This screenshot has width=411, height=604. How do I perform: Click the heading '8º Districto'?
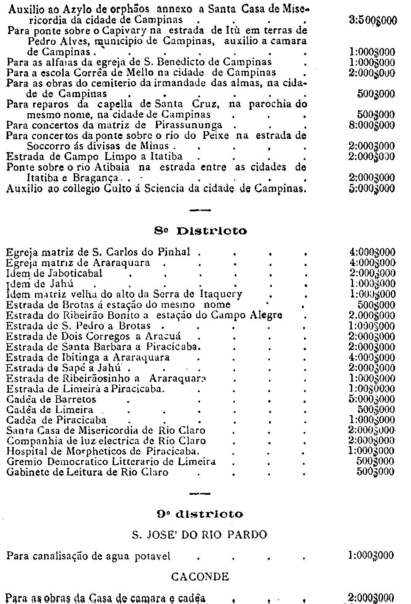201,231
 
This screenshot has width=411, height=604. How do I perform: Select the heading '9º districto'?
200,514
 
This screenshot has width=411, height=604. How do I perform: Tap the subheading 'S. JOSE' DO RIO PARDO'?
200,535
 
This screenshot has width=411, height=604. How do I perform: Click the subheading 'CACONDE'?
200,577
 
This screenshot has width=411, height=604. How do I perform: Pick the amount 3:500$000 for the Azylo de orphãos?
373,20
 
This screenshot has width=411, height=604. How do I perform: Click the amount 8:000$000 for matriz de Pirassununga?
372,125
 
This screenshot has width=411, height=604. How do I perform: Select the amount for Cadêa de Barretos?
372,399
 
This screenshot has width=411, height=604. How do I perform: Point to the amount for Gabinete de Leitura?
375,472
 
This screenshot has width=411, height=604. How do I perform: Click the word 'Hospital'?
25,451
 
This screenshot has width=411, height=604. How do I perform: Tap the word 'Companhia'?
29,441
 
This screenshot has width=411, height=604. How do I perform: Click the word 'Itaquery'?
221,294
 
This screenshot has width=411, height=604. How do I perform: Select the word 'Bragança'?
99,178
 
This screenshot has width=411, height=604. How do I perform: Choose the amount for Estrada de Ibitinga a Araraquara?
372,357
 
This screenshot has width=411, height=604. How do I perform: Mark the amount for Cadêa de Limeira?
375,410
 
